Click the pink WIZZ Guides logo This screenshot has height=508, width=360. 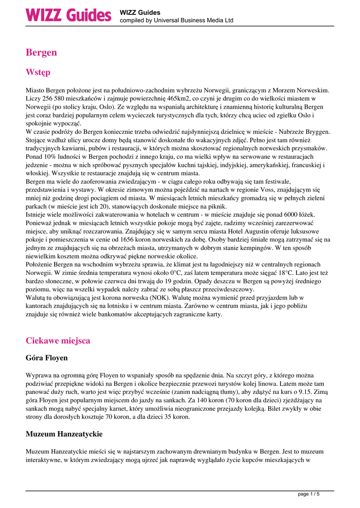pos(69,15)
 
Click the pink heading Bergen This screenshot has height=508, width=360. pos(41,52)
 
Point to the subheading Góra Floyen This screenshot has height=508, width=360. pos(47,357)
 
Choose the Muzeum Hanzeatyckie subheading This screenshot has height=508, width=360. pos(64,434)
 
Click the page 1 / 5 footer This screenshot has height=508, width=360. pos(308,494)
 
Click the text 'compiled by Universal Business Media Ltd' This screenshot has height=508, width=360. pos(176,21)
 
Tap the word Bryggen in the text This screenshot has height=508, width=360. pos(316,131)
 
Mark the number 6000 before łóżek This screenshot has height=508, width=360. pos(299,214)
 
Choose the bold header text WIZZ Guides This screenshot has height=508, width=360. pos(140,12)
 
